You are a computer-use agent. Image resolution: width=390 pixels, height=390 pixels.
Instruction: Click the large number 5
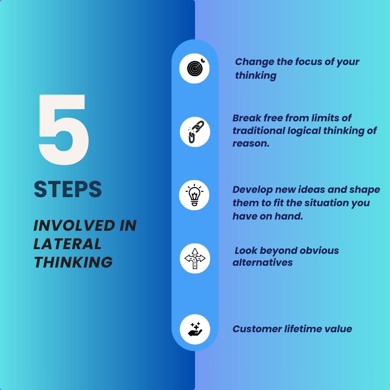tap(64, 129)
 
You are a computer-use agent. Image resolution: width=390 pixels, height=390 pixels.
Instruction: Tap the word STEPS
tap(68, 189)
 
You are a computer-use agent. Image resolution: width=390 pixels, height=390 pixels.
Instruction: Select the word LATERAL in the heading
tap(68, 244)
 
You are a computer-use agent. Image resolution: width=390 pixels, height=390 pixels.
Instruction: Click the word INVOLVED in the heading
tap(74, 225)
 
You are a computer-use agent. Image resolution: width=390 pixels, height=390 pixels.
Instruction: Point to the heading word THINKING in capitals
tap(73, 262)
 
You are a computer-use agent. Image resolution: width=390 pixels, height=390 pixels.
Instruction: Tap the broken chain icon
tap(195, 132)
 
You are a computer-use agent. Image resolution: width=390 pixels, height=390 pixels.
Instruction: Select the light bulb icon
tap(194, 195)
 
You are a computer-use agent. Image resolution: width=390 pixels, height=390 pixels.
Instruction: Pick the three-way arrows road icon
tap(195, 259)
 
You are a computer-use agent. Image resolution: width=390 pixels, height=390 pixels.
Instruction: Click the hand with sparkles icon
tap(195, 329)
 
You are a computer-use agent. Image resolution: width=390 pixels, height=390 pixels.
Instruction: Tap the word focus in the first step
tap(308, 62)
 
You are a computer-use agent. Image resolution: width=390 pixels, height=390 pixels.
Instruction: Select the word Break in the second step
tap(247, 118)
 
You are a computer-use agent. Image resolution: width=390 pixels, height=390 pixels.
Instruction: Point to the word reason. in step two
tap(251, 143)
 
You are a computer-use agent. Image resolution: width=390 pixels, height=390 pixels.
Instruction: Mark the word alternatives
tap(263, 263)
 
